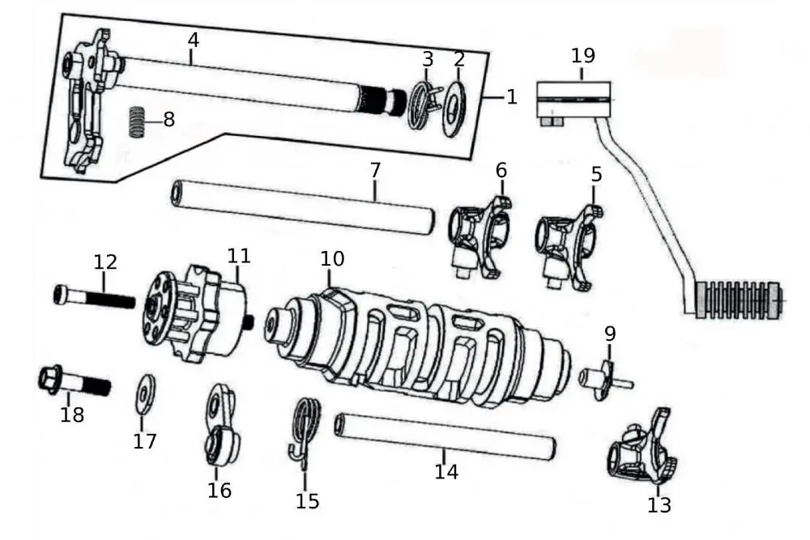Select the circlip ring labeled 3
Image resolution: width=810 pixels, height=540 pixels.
(x=420, y=104)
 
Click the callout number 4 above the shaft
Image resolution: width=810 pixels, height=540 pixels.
(x=192, y=39)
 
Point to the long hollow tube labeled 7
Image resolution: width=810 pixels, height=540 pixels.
(x=300, y=206)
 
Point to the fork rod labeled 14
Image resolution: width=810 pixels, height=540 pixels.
(x=446, y=437)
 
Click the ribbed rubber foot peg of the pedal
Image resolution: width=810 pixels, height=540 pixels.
(x=739, y=300)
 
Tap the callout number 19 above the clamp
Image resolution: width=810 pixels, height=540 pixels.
(x=582, y=56)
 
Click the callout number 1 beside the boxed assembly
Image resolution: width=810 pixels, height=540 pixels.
(x=511, y=97)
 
